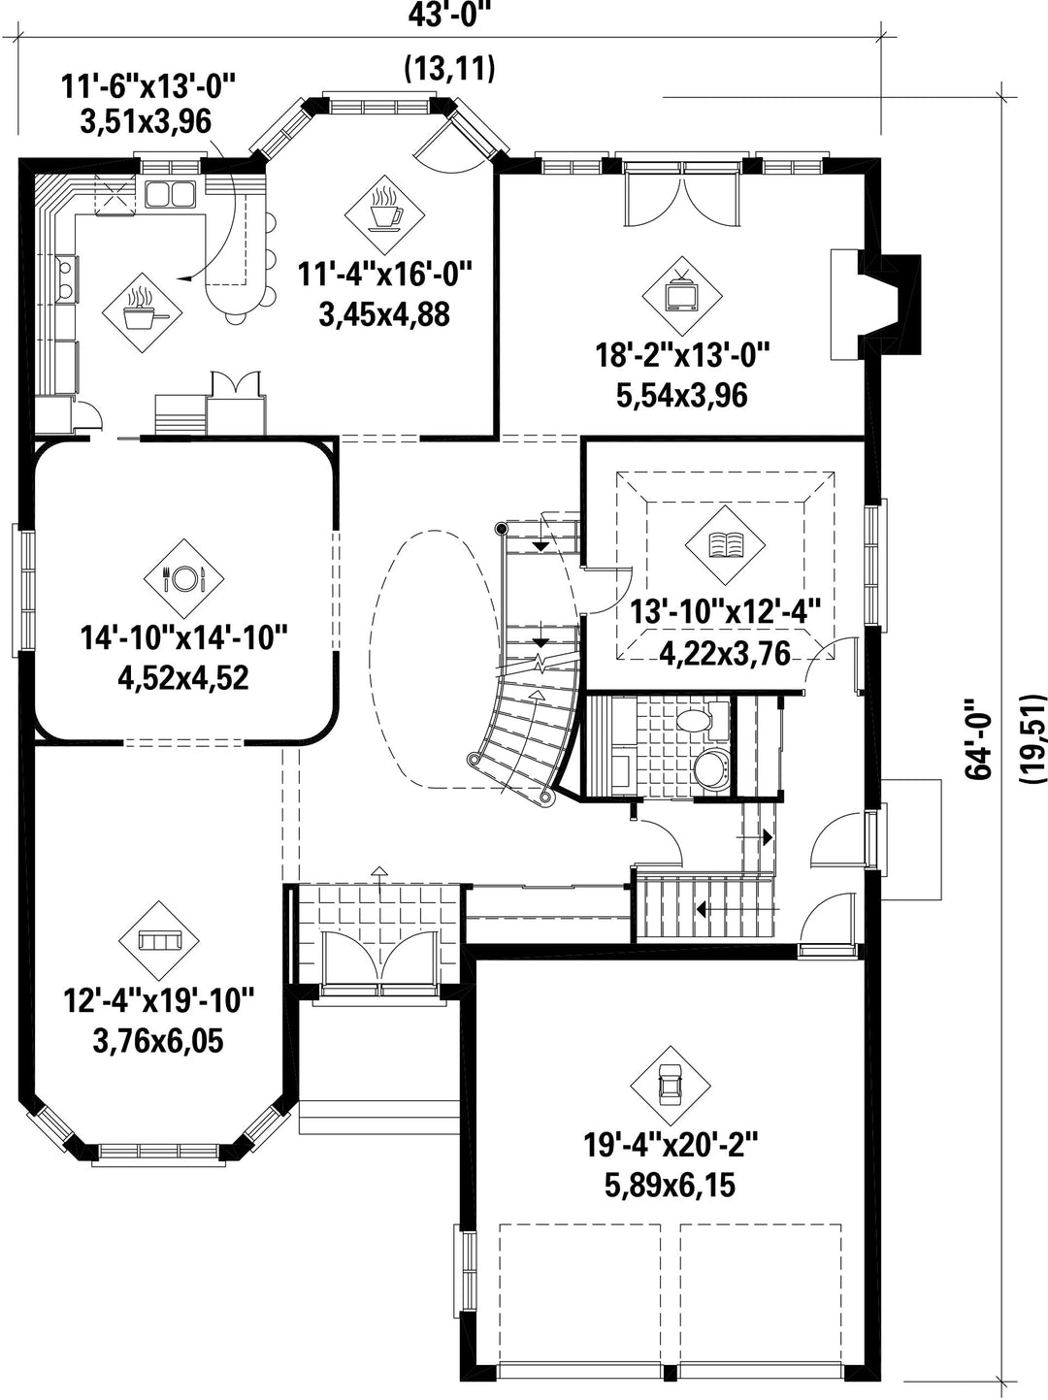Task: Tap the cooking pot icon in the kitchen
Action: pyautogui.click(x=143, y=311)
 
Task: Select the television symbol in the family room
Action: pyautogui.click(x=682, y=294)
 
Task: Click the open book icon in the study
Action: pyautogui.click(x=725, y=545)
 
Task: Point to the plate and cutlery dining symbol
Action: pyautogui.click(x=183, y=578)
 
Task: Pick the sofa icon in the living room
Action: pyautogui.click(x=159, y=941)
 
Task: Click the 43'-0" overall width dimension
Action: pyautogui.click(x=452, y=16)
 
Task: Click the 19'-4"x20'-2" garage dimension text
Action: pyautogui.click(x=671, y=1145)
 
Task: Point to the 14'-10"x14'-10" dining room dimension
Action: pyautogui.click(x=184, y=637)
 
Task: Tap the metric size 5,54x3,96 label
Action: pyautogui.click(x=681, y=396)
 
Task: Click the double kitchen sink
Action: pyautogui.click(x=170, y=194)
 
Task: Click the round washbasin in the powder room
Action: pyautogui.click(x=710, y=769)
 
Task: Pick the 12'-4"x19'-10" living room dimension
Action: pyautogui.click(x=159, y=999)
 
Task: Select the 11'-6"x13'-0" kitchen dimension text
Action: pyautogui.click(x=148, y=86)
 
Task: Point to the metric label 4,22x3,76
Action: pyautogui.click(x=725, y=653)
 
